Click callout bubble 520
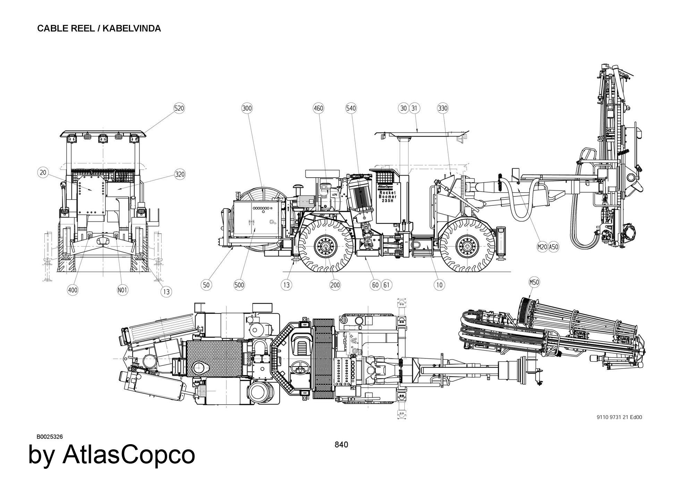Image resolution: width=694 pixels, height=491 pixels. [179, 108]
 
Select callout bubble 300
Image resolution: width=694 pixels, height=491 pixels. [247, 108]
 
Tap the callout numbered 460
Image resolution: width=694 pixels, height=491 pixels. [318, 108]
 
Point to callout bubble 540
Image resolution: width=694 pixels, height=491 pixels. [351, 108]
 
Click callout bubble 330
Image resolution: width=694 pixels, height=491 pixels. [443, 108]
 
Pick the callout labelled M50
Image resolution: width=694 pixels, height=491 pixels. [534, 282]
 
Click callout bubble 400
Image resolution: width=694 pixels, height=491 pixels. [73, 290]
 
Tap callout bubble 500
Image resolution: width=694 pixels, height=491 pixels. [239, 285]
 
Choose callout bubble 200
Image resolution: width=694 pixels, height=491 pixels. [335, 285]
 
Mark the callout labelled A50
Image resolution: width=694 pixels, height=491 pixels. [553, 247]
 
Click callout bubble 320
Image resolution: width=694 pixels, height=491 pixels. [180, 174]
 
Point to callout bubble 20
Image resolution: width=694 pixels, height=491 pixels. [43, 172]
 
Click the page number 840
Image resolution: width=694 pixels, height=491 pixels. [341, 445]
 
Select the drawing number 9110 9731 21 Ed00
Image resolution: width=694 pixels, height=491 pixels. [619, 417]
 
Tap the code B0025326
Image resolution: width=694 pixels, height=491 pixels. [50, 437]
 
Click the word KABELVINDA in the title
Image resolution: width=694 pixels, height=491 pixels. [132, 28]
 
